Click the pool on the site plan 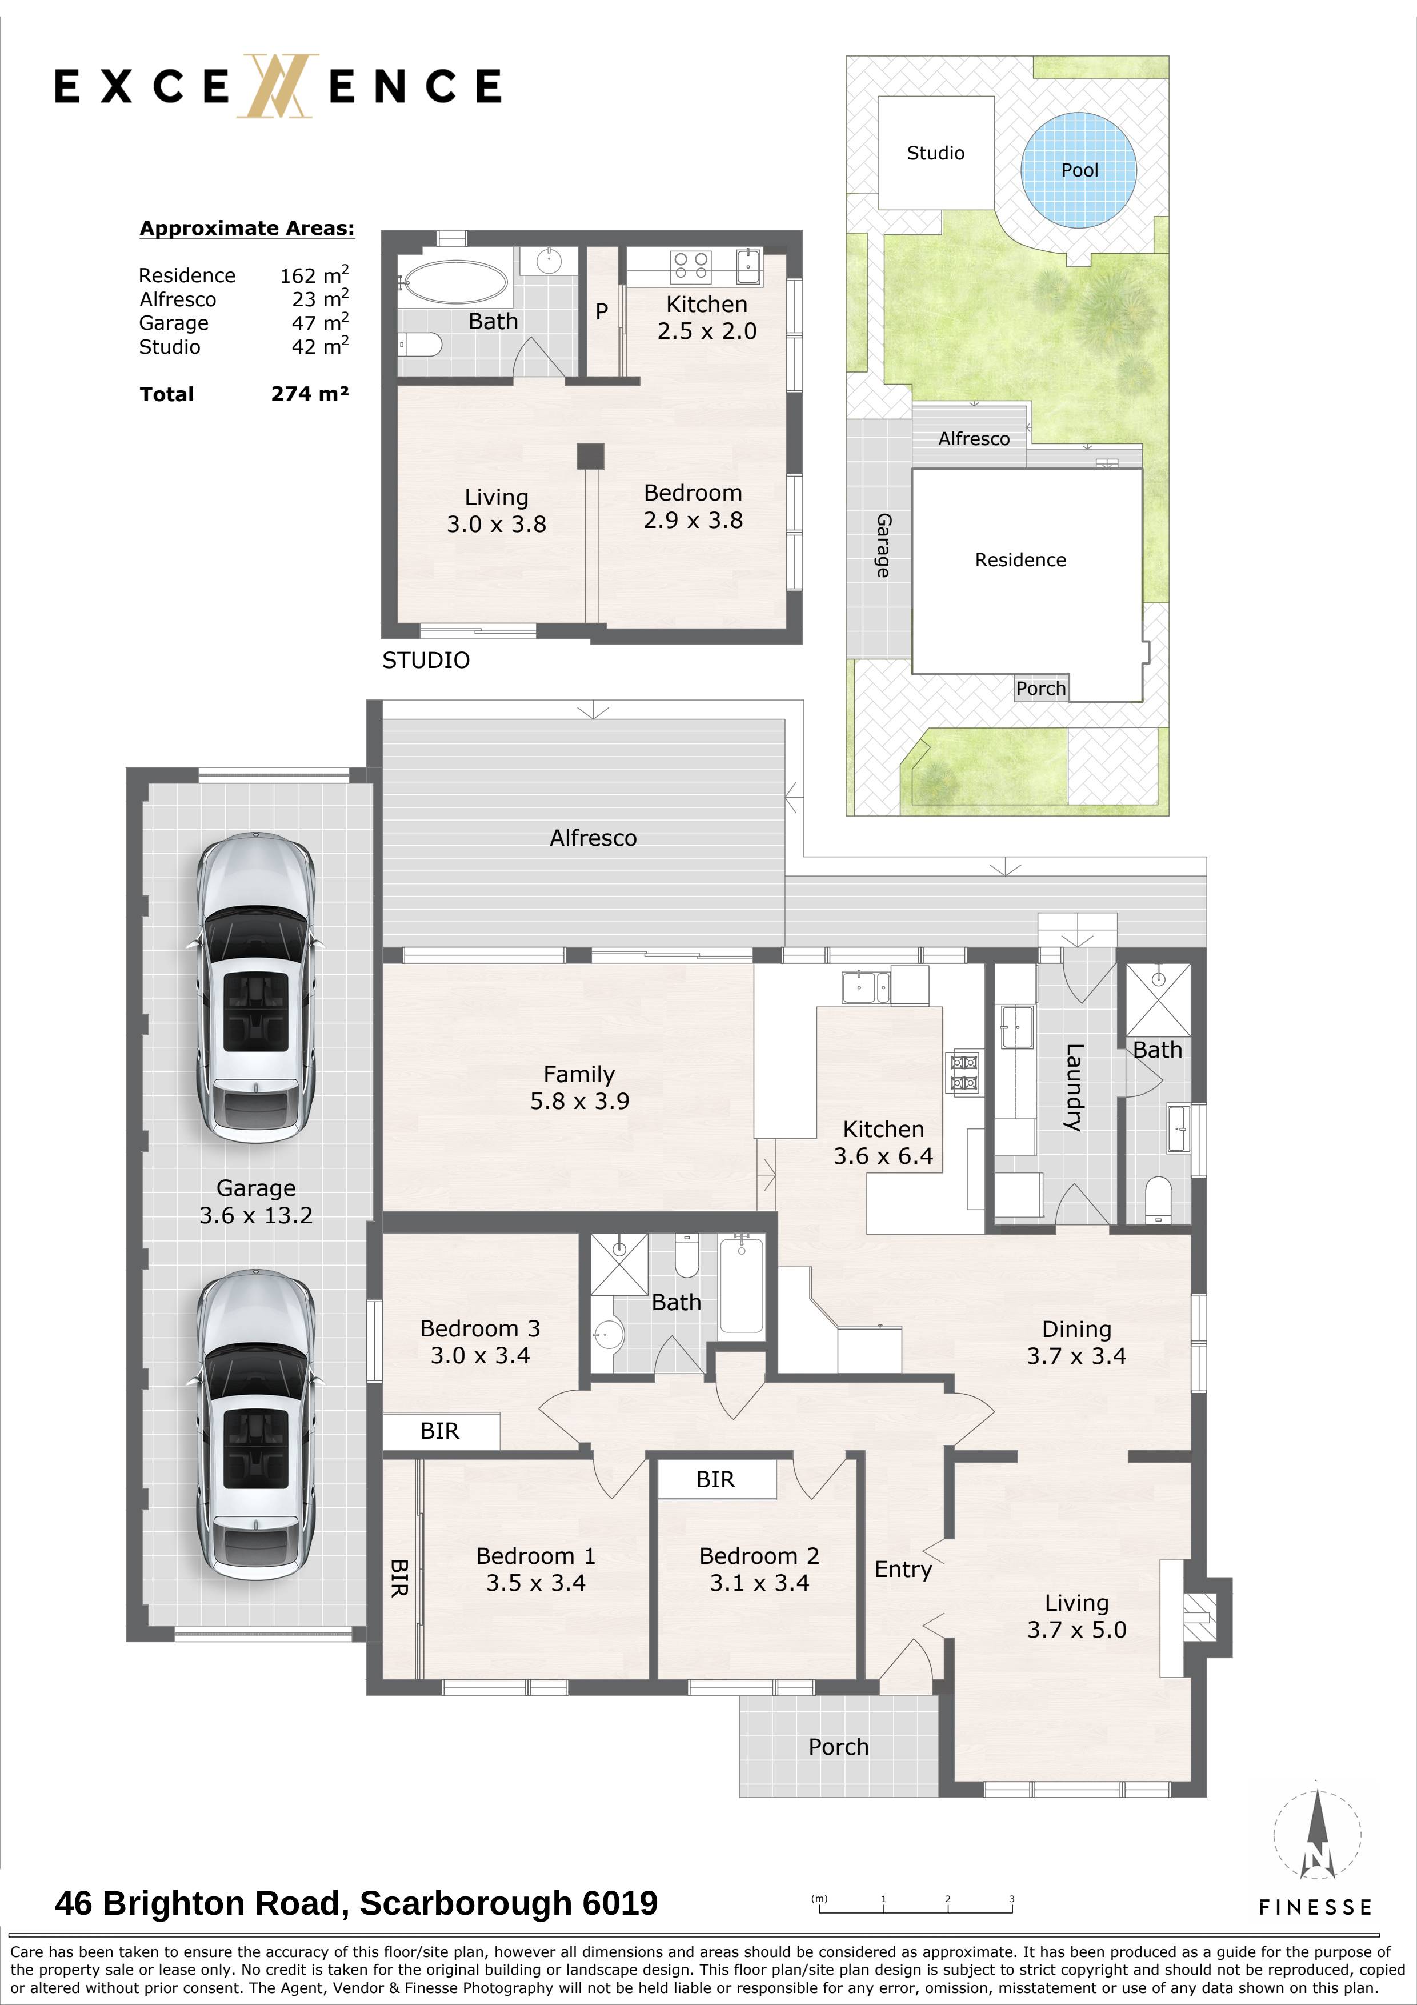point(1079,170)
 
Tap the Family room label point(579,1074)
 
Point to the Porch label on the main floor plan point(838,1747)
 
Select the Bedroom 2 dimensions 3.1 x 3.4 point(759,1583)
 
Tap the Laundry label point(1073,1088)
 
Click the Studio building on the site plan point(936,153)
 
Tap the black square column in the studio point(590,457)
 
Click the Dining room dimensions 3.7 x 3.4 point(1076,1356)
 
